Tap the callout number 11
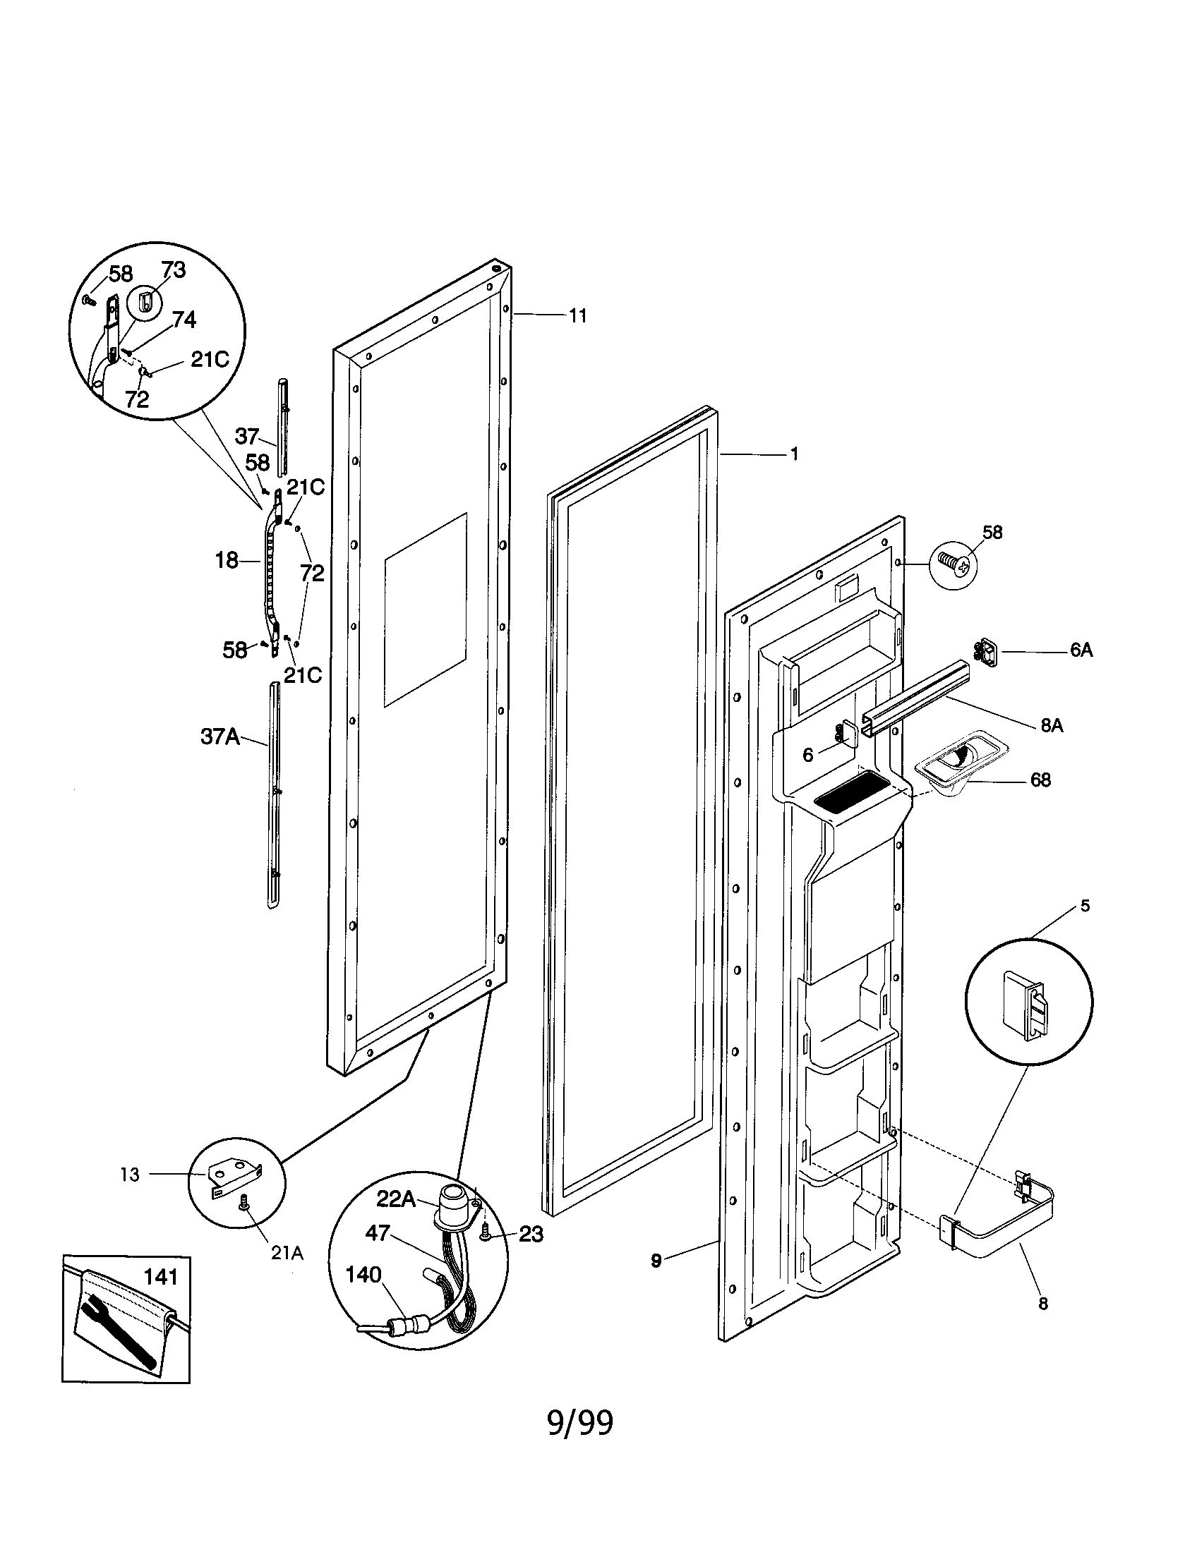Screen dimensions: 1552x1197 [578, 317]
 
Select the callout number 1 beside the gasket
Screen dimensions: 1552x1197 [794, 454]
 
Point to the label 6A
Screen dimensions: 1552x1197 [1081, 650]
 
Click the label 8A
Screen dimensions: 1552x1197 [1052, 725]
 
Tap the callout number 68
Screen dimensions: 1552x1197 [1040, 780]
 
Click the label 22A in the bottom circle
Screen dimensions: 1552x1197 [396, 1199]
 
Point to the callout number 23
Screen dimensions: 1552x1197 [530, 1235]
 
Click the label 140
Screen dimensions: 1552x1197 [363, 1275]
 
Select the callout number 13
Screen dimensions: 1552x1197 [130, 1175]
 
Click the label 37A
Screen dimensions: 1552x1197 [219, 737]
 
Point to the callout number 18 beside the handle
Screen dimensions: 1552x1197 [227, 561]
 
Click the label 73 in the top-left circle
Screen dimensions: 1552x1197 [173, 271]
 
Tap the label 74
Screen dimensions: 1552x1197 [184, 320]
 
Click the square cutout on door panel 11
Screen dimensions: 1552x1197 [425, 610]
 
